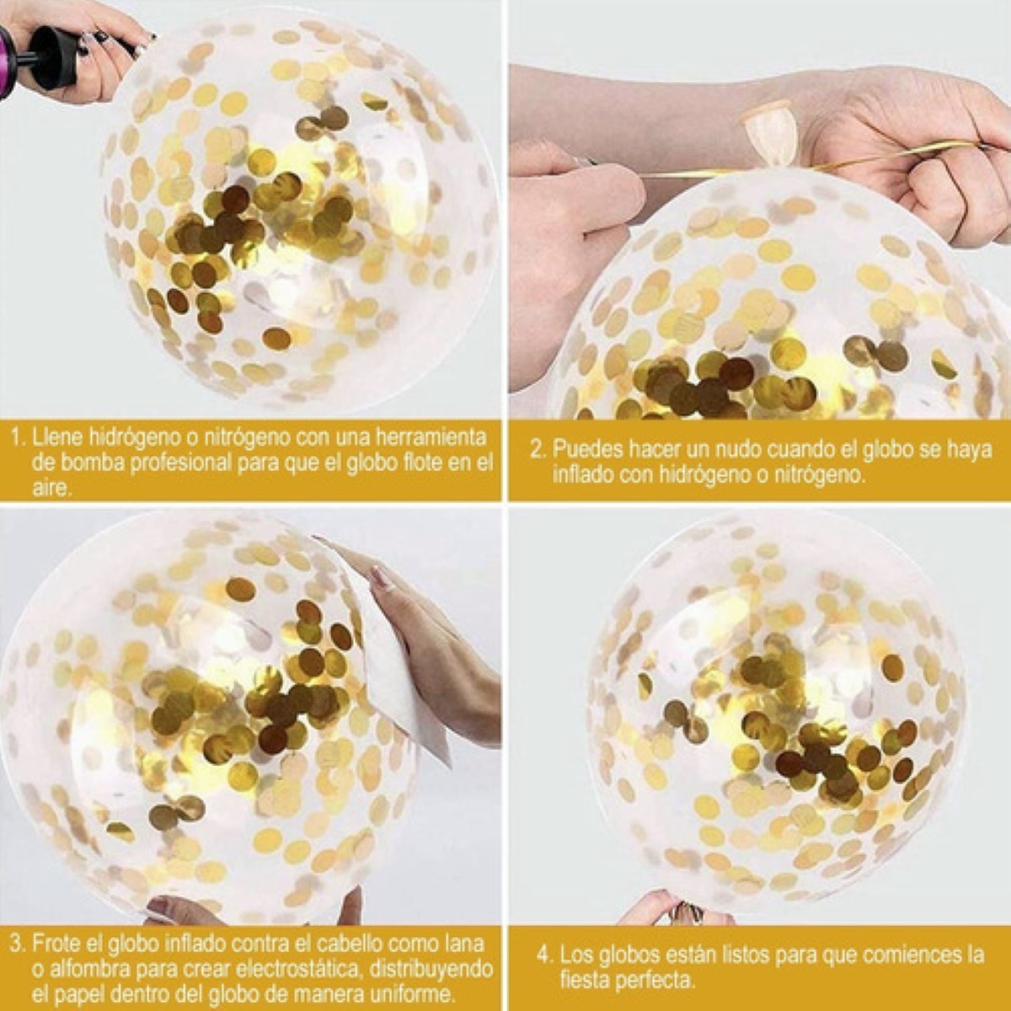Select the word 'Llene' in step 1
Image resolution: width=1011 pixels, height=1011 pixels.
point(57,438)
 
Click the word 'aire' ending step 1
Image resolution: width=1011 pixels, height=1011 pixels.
point(49,489)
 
